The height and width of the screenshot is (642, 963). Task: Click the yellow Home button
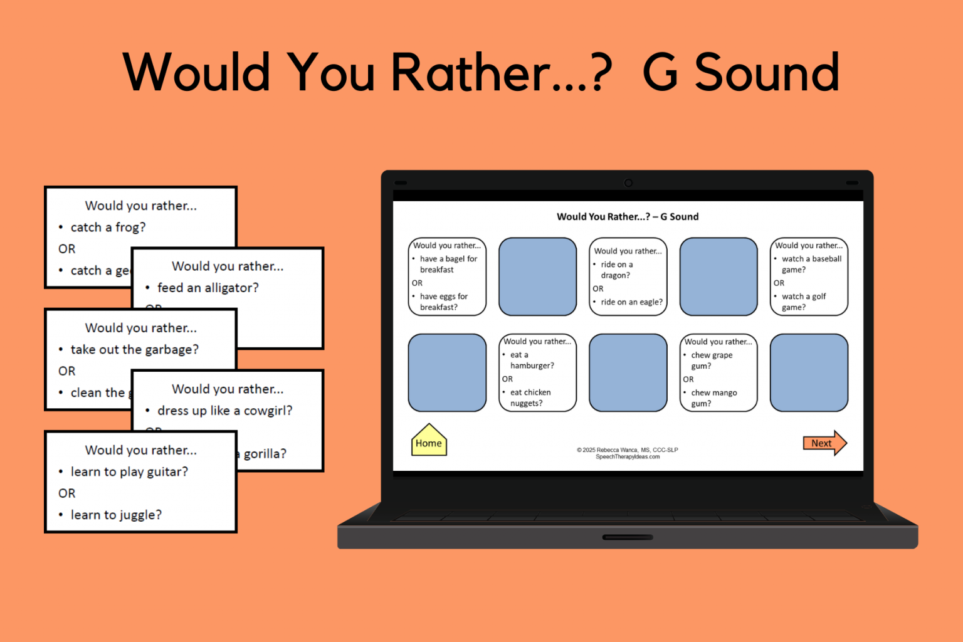(x=429, y=441)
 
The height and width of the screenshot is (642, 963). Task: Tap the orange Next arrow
(x=824, y=443)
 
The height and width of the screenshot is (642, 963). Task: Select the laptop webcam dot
(x=628, y=183)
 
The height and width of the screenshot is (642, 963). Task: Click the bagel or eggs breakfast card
(x=447, y=276)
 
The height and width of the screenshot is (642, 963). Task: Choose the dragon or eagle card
(x=628, y=276)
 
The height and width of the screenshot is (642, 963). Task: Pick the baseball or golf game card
(x=809, y=276)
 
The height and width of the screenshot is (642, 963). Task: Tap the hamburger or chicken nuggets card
(x=537, y=372)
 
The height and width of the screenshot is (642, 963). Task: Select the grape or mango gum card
(x=718, y=372)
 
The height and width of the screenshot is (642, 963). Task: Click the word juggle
(x=141, y=515)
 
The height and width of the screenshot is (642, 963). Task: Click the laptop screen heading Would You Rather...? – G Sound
(x=628, y=217)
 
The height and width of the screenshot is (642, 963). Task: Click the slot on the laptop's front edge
(x=628, y=537)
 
